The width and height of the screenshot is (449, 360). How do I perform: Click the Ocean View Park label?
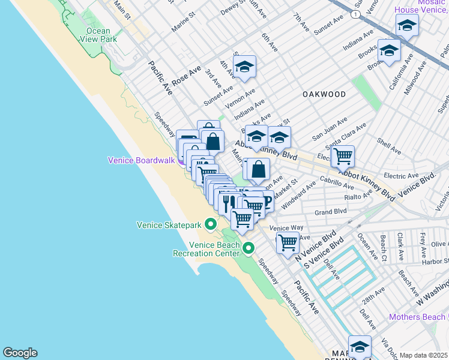tap(98, 35)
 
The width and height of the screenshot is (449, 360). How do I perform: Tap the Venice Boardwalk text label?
tap(141, 160)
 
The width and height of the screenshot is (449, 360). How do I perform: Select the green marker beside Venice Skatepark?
tap(210, 225)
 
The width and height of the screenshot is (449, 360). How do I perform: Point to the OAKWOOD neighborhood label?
tap(324, 95)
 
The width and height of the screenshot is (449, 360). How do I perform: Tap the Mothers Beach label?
tap(418, 317)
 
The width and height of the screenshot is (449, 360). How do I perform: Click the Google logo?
tap(20, 353)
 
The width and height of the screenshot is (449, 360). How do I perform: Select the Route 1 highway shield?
tap(356, 13)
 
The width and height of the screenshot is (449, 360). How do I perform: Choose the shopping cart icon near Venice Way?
tap(288, 242)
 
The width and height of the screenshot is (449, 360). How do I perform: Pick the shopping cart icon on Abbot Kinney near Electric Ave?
tap(342, 156)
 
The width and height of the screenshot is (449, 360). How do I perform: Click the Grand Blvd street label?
tap(331, 212)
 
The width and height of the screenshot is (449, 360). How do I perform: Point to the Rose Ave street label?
tap(186, 76)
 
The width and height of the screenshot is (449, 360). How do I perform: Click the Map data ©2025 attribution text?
tap(424, 355)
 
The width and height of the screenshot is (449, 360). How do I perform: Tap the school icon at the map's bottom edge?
tap(360, 347)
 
